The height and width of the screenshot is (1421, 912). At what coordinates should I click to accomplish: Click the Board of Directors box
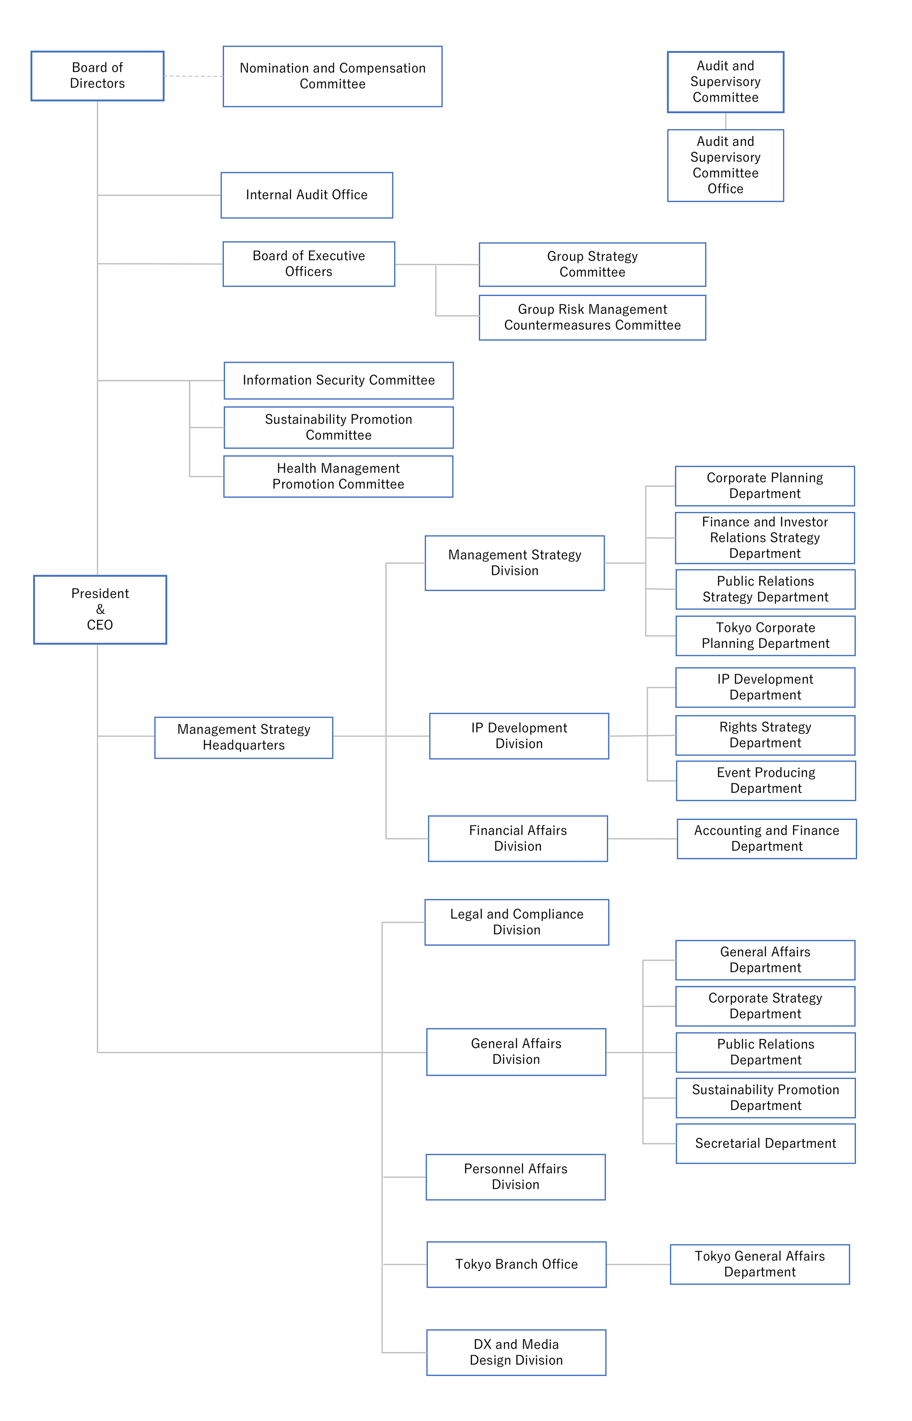tap(97, 76)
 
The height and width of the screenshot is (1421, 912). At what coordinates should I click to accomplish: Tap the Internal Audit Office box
tap(306, 195)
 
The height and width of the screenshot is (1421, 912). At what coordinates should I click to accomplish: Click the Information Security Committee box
tap(338, 380)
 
